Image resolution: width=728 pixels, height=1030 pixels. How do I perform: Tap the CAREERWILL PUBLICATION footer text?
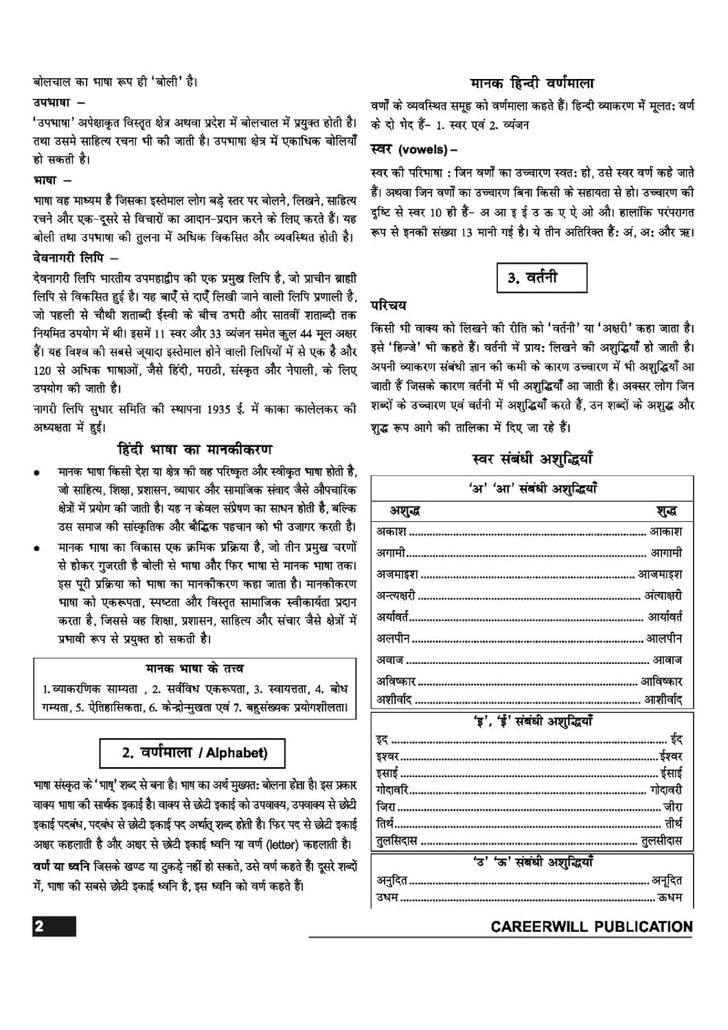(591, 927)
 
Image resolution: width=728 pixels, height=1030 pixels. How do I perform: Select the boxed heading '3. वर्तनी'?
(541, 277)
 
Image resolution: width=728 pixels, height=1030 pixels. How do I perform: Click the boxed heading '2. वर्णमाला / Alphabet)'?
(194, 753)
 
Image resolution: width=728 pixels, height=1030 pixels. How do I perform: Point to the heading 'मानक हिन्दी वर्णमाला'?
(532, 83)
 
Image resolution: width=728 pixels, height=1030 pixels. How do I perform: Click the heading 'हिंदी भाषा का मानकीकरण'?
(195, 450)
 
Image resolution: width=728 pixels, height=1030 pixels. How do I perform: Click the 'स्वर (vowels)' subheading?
(413, 149)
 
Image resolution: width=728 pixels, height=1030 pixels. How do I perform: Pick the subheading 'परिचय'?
(389, 304)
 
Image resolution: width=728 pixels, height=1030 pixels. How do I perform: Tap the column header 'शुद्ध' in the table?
(667, 511)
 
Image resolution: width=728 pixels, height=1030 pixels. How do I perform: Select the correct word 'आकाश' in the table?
(666, 531)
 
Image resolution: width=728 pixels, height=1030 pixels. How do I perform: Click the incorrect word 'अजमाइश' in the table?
(397, 574)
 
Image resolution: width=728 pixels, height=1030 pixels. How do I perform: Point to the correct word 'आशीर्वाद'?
(662, 700)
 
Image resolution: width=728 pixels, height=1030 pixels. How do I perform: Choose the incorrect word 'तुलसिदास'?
(397, 840)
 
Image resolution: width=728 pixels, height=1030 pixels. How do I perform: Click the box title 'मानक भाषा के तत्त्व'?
(194, 668)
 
